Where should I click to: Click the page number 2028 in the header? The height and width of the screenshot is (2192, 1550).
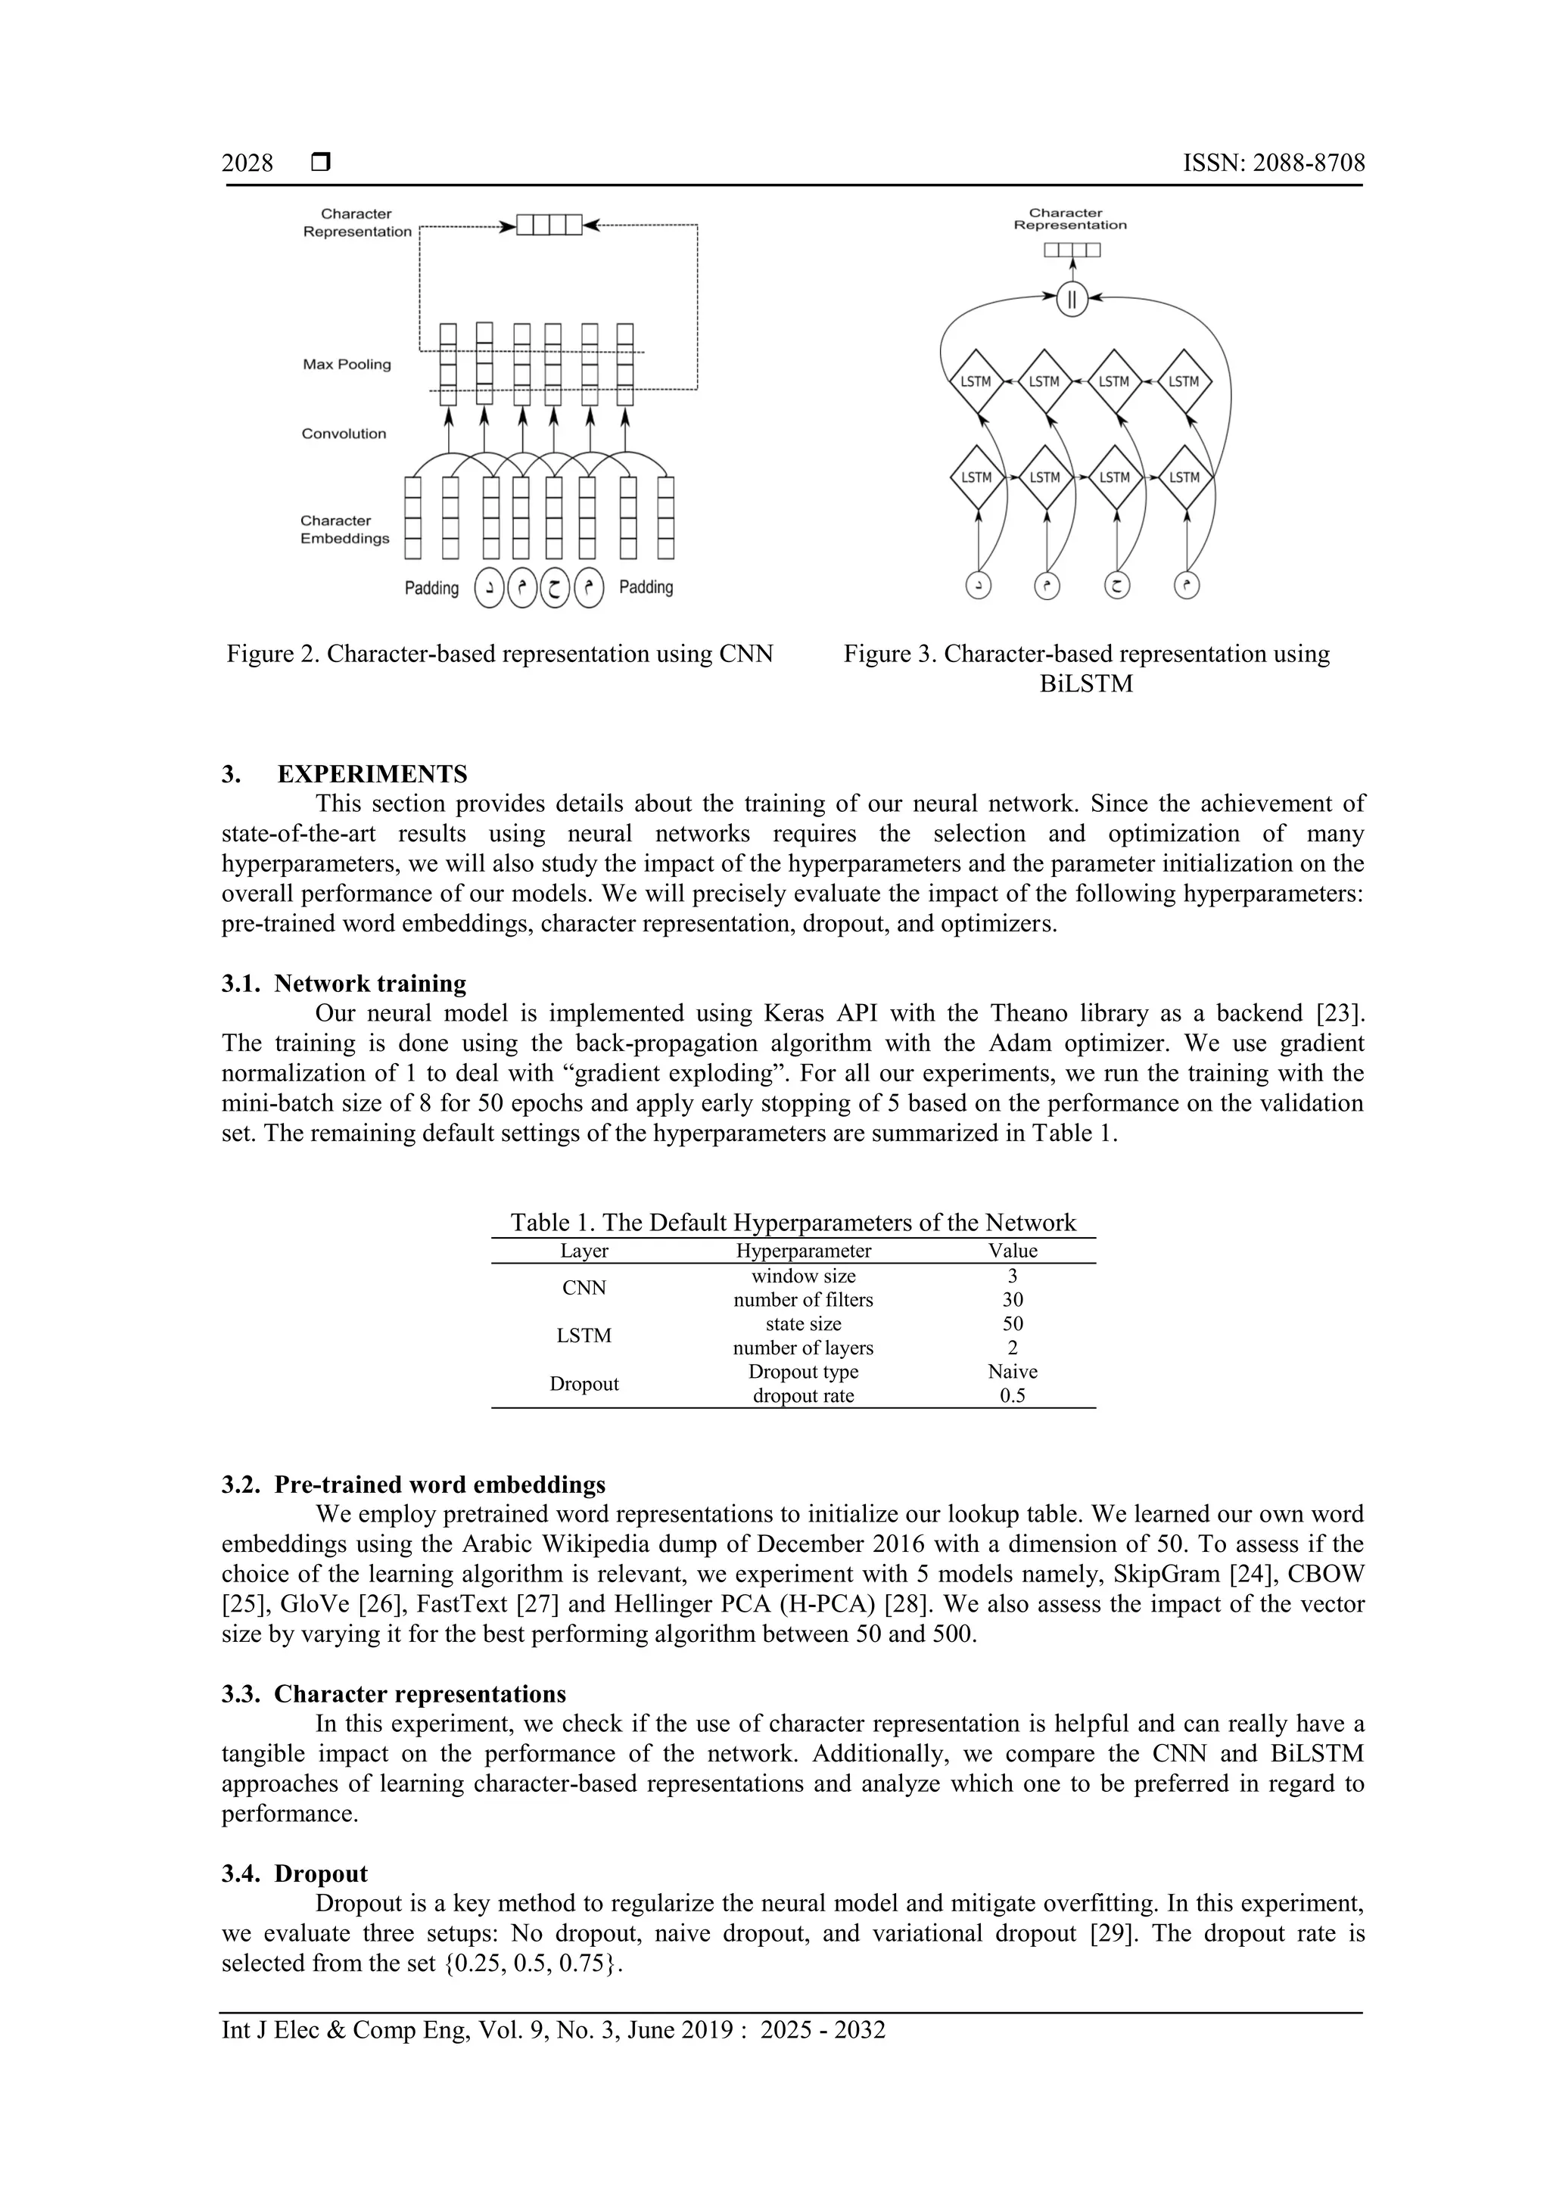[247, 163]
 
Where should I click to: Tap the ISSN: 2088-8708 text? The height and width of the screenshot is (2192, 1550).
[1273, 163]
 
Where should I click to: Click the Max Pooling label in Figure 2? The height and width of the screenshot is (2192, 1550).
[347, 365]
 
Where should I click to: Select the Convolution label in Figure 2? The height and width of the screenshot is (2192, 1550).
[344, 434]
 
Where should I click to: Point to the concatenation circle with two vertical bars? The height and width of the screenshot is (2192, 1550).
[1072, 300]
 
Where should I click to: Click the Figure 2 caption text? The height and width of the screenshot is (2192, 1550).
[500, 654]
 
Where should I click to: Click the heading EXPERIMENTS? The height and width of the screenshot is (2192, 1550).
[372, 773]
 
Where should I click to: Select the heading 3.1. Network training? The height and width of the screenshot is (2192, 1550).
[344, 984]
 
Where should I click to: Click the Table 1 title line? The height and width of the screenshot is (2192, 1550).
[792, 1223]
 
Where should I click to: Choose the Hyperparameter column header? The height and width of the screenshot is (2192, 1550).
[803, 1251]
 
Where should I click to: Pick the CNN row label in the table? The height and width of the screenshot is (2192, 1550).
[584, 1288]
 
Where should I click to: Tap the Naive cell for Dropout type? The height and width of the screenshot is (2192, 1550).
[1013, 1372]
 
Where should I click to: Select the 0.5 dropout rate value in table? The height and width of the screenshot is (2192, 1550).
[1013, 1396]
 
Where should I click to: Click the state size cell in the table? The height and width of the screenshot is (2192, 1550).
[803, 1324]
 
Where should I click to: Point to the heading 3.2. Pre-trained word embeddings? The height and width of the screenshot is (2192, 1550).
[413, 1485]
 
